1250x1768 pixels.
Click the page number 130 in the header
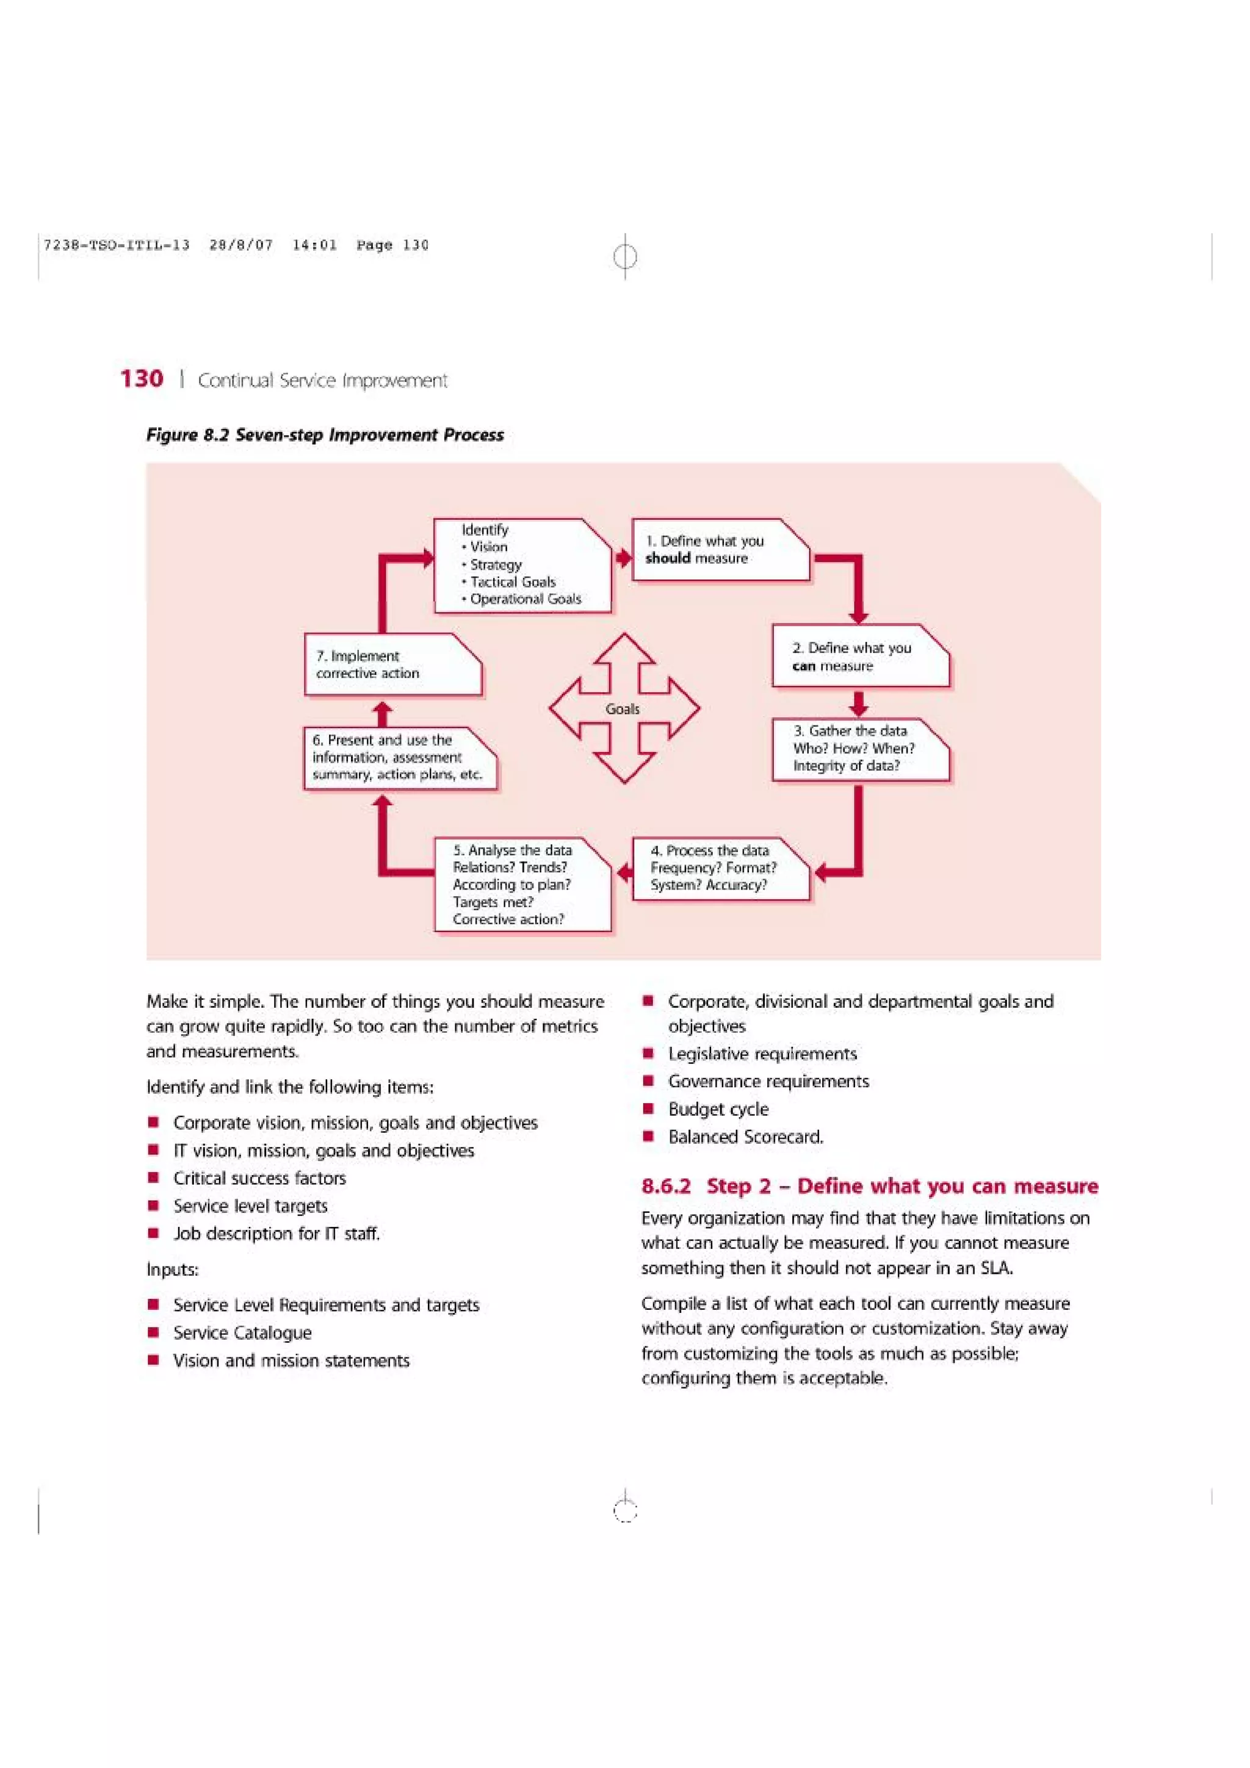point(142,379)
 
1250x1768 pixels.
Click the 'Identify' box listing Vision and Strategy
point(521,565)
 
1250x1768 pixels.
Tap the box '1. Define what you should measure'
point(720,550)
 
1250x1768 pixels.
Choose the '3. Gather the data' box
point(859,749)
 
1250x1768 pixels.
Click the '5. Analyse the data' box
point(521,884)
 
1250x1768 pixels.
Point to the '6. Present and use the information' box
point(398,758)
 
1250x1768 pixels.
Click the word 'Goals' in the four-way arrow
point(623,709)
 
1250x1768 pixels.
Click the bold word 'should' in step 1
point(667,558)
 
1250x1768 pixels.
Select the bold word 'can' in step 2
point(803,666)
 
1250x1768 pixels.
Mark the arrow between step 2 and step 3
point(859,703)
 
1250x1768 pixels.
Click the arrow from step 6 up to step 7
point(383,713)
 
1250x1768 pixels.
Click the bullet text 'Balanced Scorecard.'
point(745,1137)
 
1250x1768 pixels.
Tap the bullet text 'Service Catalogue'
point(242,1333)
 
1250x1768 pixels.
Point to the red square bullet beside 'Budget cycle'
point(648,1109)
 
